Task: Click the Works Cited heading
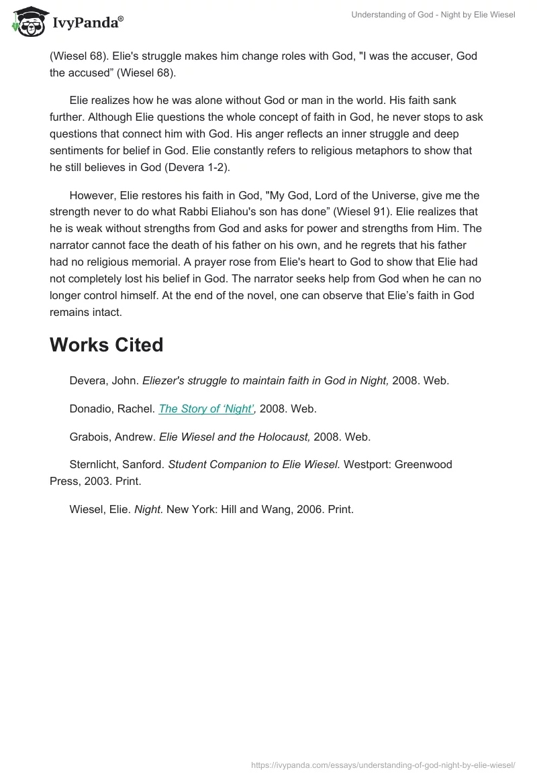point(106,345)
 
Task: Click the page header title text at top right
point(433,15)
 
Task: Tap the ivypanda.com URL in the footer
point(383,764)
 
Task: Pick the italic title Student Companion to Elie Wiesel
point(254,464)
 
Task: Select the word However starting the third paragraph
point(92,196)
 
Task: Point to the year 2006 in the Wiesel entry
point(311,509)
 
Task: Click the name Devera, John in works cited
point(105,380)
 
